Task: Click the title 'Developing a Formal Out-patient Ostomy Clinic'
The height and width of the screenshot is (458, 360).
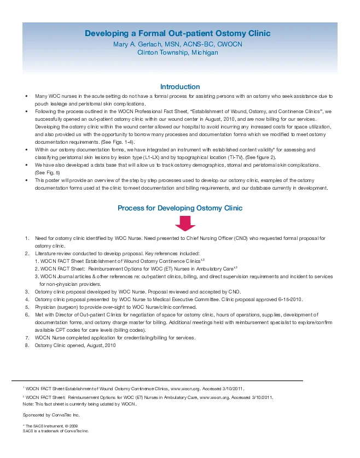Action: (178, 34)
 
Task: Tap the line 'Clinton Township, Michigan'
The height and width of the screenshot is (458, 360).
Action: (178, 52)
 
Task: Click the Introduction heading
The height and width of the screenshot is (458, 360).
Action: (180, 87)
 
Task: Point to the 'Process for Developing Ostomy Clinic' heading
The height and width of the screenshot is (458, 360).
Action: (180, 208)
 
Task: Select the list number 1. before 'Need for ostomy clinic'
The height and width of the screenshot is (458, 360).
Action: (27, 238)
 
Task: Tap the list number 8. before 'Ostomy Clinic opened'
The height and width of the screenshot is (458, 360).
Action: (27, 345)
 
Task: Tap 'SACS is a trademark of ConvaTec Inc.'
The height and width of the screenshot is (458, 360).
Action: (56, 431)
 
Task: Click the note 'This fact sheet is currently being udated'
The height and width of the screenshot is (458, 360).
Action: (82, 404)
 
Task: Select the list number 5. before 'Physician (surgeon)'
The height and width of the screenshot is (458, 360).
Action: (27, 307)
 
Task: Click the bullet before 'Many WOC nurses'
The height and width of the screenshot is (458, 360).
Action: (26, 96)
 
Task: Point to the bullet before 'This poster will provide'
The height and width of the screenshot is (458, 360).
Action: (26, 180)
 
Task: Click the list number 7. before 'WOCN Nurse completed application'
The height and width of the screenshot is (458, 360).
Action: (27, 338)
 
